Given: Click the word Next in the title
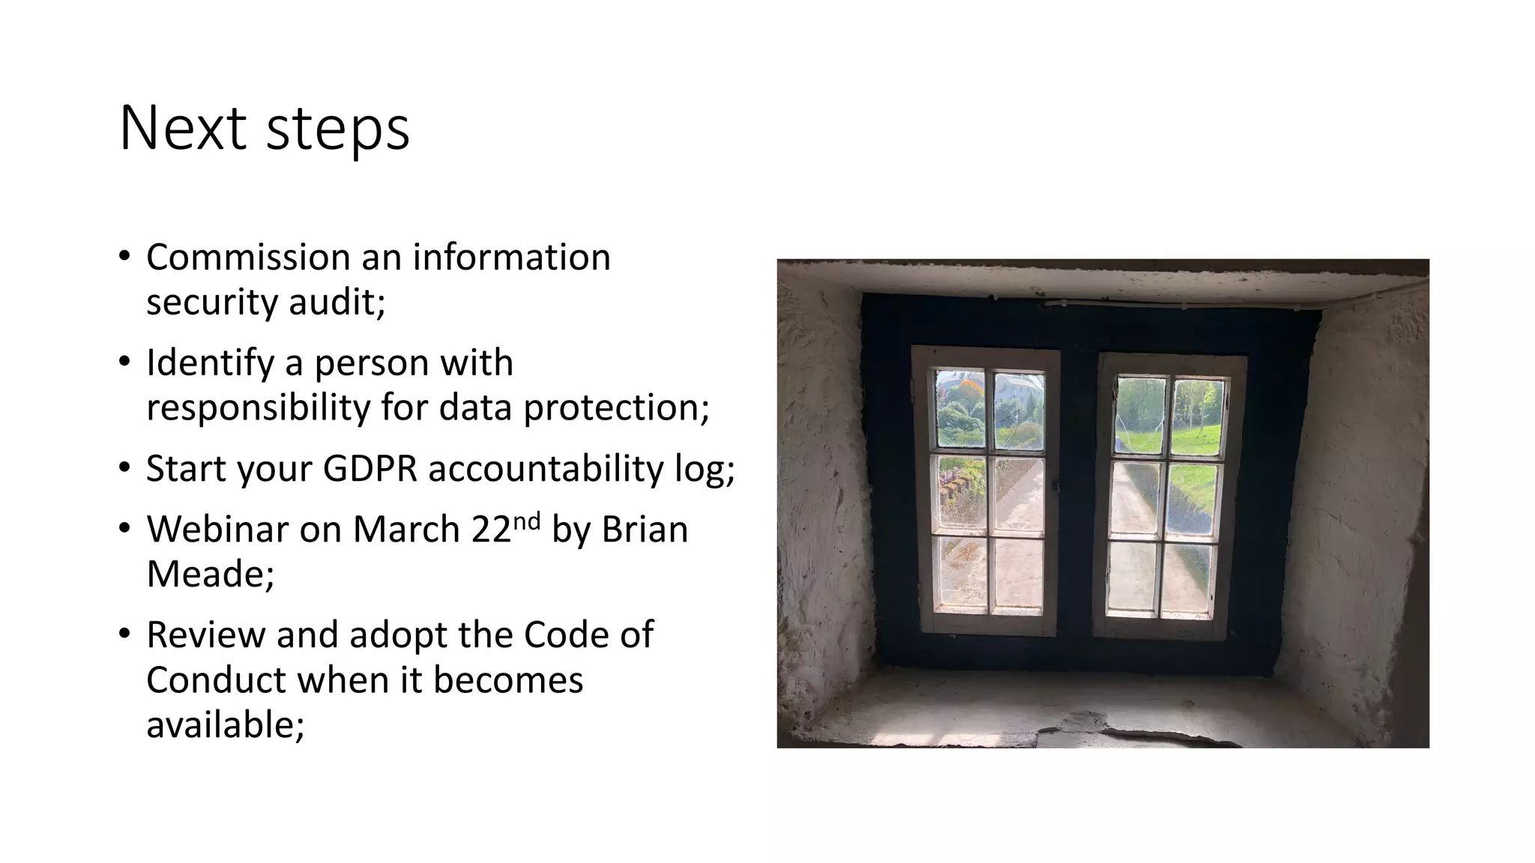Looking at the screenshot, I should [x=182, y=128].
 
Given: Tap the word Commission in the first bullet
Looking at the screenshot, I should [x=247, y=257].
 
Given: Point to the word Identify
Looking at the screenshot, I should [x=210, y=363].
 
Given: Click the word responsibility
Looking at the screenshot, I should [x=257, y=408].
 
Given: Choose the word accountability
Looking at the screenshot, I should [x=546, y=469].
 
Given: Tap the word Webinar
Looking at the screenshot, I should [x=217, y=530].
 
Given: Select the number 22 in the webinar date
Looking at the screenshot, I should [x=491, y=530].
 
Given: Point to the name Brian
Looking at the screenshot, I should [x=645, y=530].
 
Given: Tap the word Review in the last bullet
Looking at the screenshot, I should [x=205, y=635].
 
